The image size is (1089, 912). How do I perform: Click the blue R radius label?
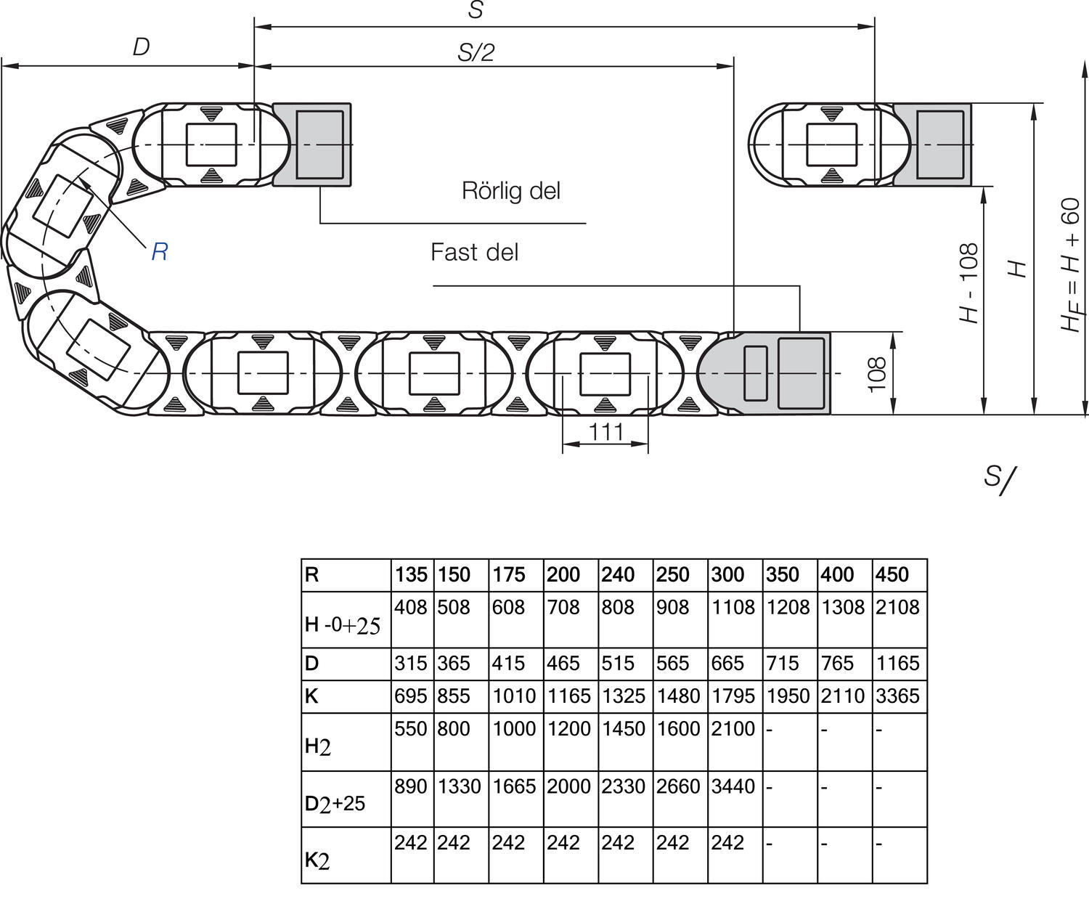click(160, 252)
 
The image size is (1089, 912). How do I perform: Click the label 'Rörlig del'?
click(510, 191)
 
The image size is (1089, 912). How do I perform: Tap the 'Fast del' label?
click(474, 253)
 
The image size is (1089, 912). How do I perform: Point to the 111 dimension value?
click(605, 432)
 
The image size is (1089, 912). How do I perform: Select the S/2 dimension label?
click(476, 53)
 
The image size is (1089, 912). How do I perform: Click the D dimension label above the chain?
click(142, 47)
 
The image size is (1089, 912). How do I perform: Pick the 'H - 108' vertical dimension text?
click(968, 282)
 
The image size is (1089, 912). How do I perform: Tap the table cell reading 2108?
click(897, 607)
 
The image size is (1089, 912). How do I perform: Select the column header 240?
click(618, 574)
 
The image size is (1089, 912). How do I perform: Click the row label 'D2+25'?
click(335, 804)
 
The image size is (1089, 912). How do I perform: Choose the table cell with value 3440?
click(733, 786)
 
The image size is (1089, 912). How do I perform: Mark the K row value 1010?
click(514, 696)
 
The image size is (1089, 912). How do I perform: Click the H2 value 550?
click(410, 728)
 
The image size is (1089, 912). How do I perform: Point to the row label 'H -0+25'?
click(343, 624)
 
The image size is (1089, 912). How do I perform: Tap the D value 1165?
click(897, 663)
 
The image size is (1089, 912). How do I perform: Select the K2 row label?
click(317, 860)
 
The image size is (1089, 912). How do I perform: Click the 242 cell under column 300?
click(727, 842)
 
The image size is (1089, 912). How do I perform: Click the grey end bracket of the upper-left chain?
click(312, 144)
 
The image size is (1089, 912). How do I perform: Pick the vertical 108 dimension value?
click(876, 373)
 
